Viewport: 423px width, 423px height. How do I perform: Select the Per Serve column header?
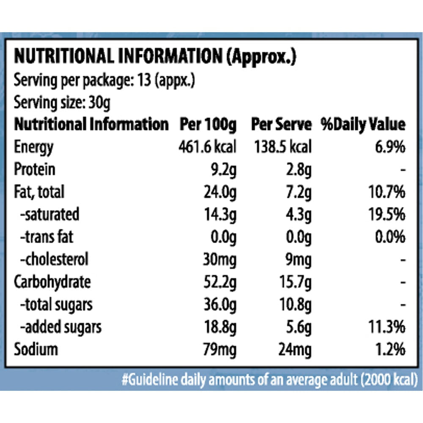[281, 125]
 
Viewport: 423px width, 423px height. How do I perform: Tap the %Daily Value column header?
[363, 125]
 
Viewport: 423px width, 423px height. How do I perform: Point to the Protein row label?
[35, 170]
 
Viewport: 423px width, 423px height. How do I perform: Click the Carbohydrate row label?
[52, 282]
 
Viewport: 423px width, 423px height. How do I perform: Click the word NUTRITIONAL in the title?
[64, 56]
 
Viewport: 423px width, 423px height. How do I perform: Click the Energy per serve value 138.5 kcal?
[283, 147]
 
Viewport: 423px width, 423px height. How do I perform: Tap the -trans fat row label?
[47, 237]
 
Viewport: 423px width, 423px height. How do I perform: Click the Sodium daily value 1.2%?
[390, 350]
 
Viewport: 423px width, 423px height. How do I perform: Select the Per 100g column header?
[208, 125]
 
